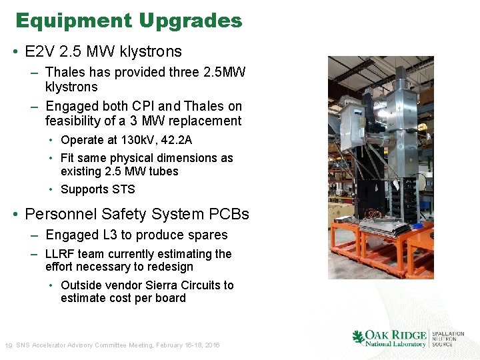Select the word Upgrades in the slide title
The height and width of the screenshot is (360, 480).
191,21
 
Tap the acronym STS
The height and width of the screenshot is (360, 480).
123,189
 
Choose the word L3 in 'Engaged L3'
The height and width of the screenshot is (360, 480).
109,235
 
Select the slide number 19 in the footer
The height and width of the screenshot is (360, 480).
8,345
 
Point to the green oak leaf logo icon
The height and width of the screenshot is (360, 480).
358,337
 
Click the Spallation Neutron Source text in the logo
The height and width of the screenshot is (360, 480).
447,339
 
